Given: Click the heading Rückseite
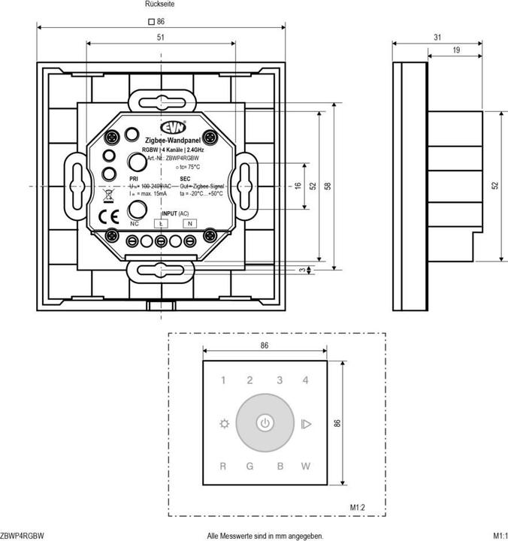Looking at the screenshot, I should coord(160,5).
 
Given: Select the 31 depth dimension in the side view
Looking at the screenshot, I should coord(437,37).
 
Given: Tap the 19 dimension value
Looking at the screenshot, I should coord(455,50).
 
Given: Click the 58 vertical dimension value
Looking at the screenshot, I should coord(328,186).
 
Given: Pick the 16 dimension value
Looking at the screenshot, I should coord(298,186).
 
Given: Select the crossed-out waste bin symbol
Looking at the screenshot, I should coord(107,196).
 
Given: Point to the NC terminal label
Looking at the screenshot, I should coord(135,224).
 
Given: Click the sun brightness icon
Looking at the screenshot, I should coord(222,424).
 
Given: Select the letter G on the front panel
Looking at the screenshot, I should coord(250,467).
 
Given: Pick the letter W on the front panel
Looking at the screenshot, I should coord(306,467).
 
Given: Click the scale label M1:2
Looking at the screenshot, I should coord(358,508).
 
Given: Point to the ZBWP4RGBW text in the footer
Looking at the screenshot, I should coord(23,536).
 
